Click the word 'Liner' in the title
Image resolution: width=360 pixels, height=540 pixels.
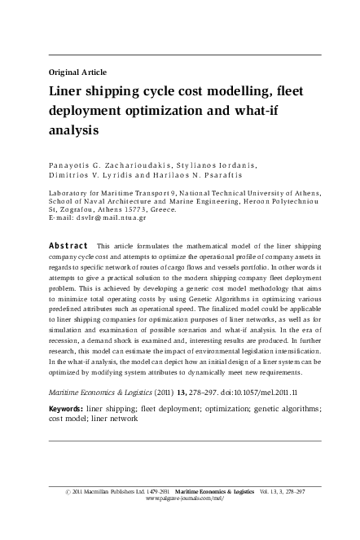click(68, 91)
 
